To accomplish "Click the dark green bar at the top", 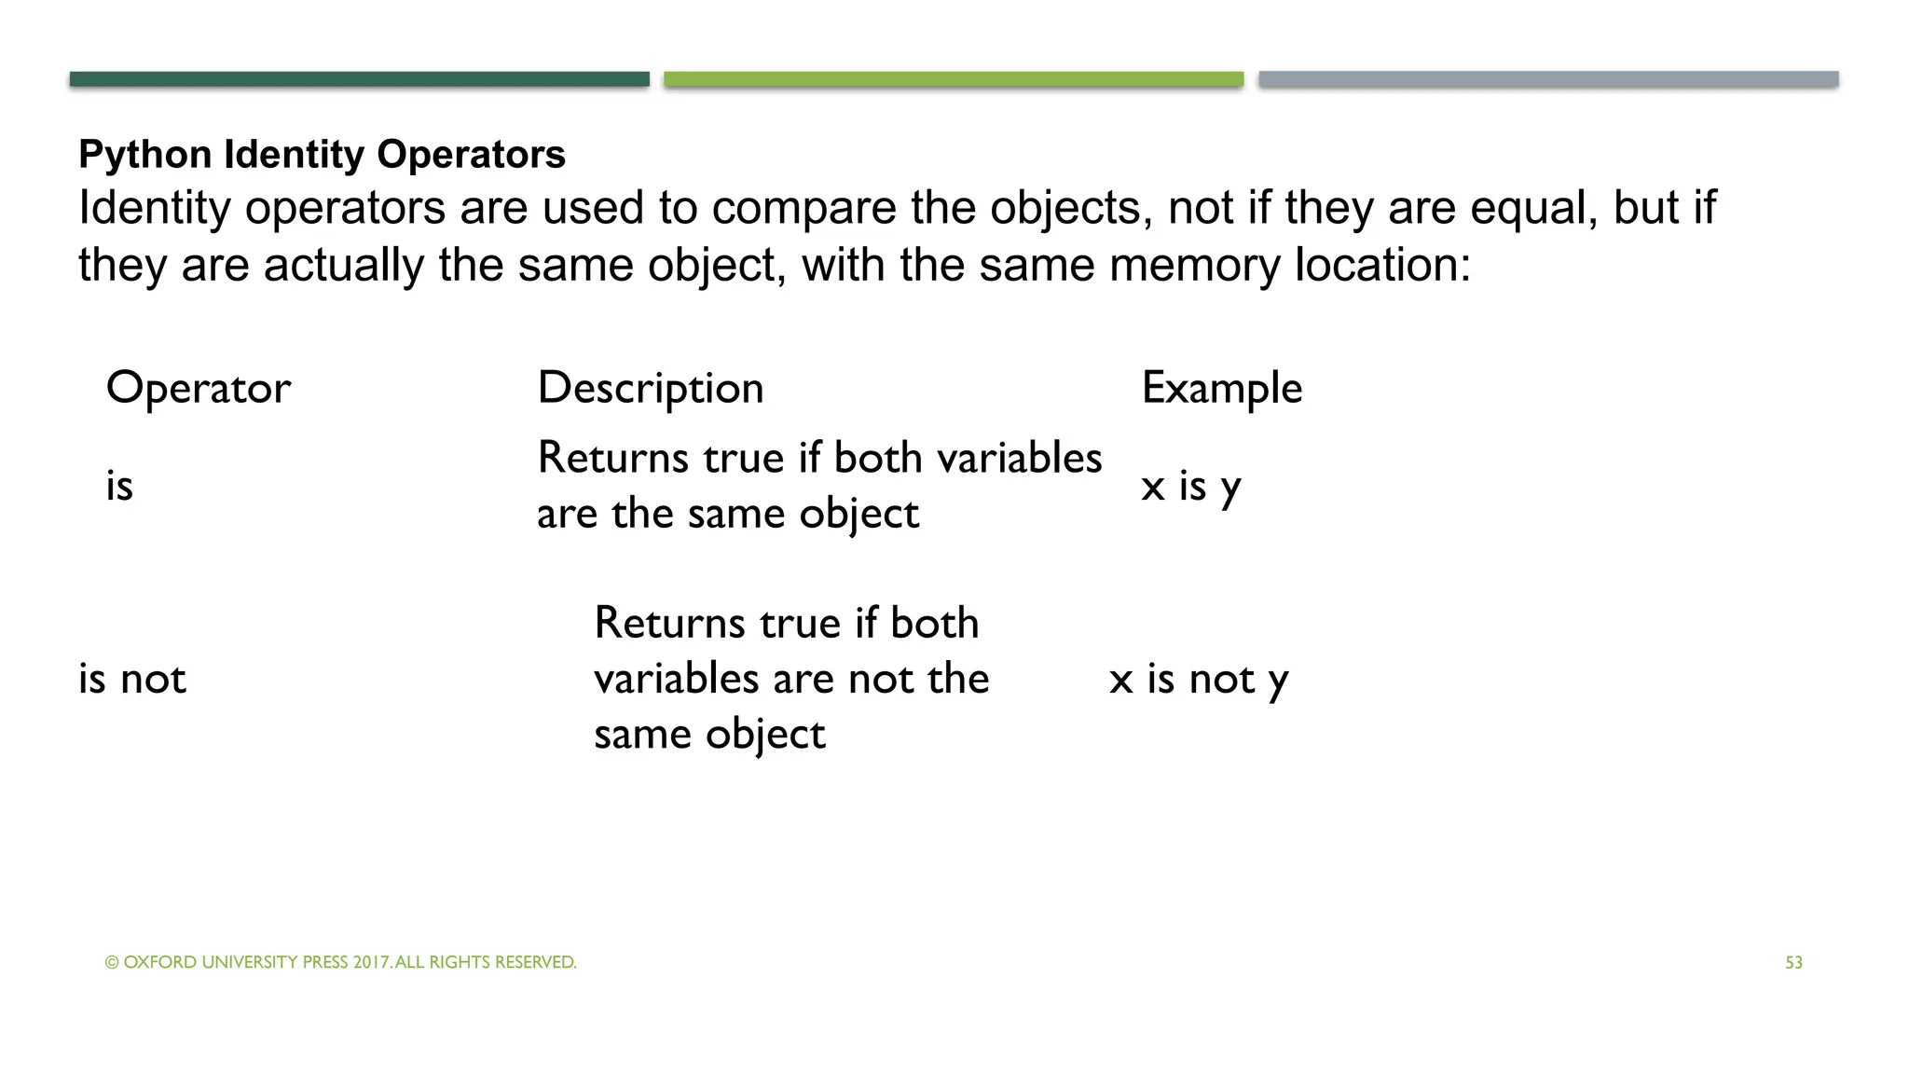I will tap(359, 79).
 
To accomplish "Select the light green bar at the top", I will tap(954, 79).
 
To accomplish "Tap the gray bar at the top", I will tap(1548, 79).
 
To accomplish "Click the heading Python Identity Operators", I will tap(322, 155).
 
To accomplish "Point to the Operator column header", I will tap(199, 388).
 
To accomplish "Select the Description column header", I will tap(651, 388).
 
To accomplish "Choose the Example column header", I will tap(1222, 388).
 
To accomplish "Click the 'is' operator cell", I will tap(119, 486).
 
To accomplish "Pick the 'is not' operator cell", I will tap(132, 679).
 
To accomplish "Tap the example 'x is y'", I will tap(1190, 487).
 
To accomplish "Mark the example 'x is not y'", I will tap(1199, 680).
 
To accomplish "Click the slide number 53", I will tap(1793, 963).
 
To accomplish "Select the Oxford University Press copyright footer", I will tap(340, 962).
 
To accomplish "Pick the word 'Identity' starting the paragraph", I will tap(154, 207).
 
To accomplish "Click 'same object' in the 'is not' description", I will tap(709, 735).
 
